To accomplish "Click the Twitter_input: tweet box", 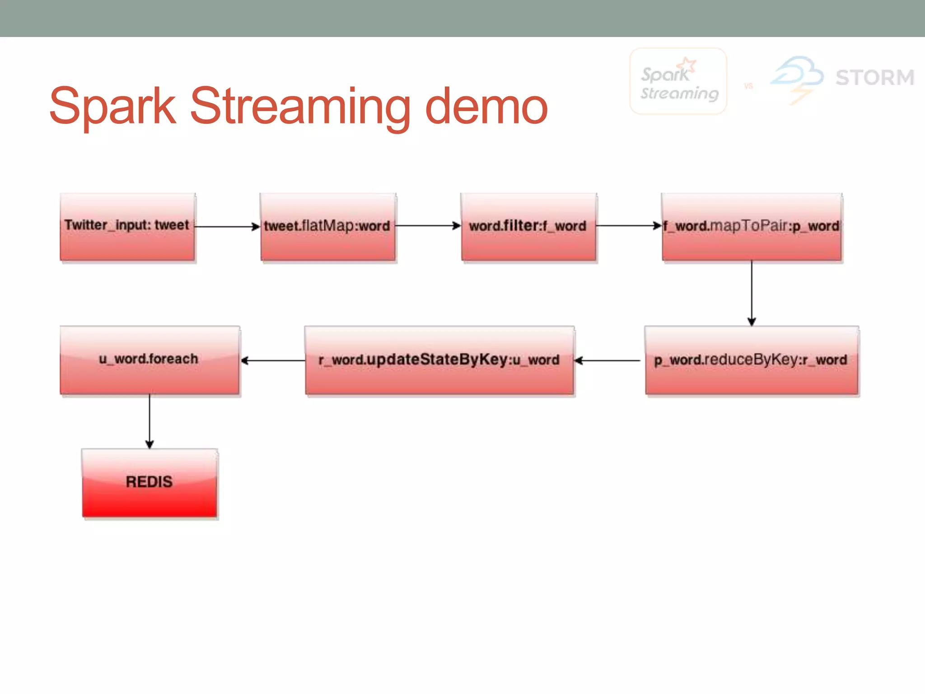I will [127, 227].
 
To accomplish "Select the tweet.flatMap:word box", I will [328, 227].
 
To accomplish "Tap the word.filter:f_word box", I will [528, 227].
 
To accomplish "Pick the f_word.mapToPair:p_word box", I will [752, 227].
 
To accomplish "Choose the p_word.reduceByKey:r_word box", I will [752, 361].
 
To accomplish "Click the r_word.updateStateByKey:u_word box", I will [439, 361].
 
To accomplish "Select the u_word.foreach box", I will [149, 361].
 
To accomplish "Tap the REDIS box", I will [149, 483].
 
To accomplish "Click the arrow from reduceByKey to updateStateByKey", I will [608, 361].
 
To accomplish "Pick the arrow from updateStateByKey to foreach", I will [273, 361].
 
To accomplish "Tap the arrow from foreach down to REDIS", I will [149, 421].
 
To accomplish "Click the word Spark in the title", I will [113, 106].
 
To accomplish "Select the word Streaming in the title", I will [300, 107].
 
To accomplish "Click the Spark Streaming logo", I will [678, 81].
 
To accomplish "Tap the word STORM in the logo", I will [875, 77].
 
